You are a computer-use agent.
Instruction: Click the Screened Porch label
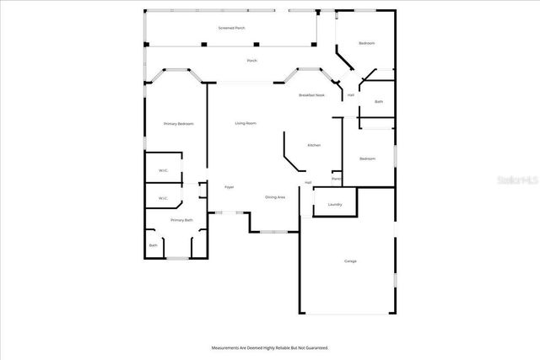click(232, 28)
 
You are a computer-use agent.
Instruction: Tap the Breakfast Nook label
click(311, 95)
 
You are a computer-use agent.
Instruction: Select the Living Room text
click(246, 124)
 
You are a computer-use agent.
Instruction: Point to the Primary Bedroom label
click(179, 124)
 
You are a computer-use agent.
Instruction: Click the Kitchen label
click(314, 145)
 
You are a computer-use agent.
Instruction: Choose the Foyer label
click(229, 187)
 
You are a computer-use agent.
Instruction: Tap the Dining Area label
click(275, 197)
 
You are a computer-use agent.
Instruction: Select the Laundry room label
click(334, 204)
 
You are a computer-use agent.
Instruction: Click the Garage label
click(350, 261)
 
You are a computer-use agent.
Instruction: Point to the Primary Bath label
click(181, 220)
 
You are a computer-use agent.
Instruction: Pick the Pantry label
click(336, 179)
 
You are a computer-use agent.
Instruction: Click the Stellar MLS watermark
click(516, 180)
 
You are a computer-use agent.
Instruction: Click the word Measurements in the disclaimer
click(227, 347)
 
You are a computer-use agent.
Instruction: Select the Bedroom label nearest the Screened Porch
click(366, 43)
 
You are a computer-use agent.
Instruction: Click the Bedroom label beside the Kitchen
click(367, 159)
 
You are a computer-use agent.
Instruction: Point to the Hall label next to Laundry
click(309, 183)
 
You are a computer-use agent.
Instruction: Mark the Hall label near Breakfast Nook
click(350, 95)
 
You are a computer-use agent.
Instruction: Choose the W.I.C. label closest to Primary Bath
click(164, 199)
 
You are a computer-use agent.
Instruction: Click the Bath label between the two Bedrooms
click(379, 102)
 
